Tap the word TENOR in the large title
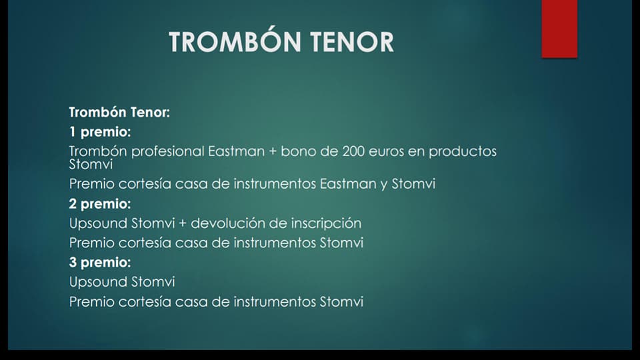coord(352,41)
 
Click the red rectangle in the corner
coord(559,29)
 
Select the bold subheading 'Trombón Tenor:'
coord(119,112)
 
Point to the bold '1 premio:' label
coord(100,132)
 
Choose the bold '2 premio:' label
coord(100,204)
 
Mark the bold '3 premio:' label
coord(100,263)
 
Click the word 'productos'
coord(463,152)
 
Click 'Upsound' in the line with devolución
coord(99,224)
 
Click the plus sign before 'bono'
coord(273,152)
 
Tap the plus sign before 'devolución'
coord(183,224)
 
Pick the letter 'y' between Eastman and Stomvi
coord(384,185)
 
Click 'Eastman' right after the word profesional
coord(236,151)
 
